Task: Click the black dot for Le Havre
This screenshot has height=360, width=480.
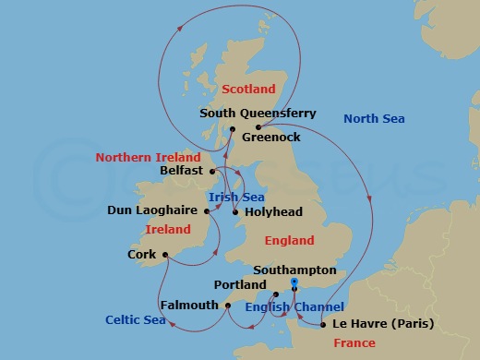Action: (322, 324)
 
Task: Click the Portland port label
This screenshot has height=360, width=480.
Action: (239, 285)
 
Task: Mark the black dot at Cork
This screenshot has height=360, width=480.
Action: (164, 254)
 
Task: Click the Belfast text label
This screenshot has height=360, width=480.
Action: (182, 171)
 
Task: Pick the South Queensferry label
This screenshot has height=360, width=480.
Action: (258, 114)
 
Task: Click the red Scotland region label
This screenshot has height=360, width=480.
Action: (249, 89)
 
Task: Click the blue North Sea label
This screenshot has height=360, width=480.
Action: (374, 118)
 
